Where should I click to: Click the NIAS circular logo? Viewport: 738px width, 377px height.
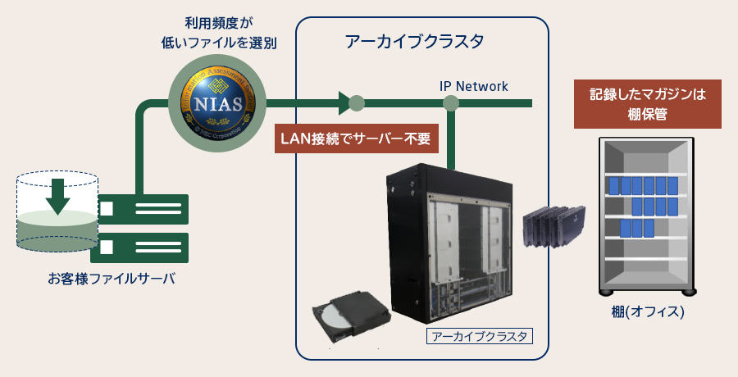[217, 104]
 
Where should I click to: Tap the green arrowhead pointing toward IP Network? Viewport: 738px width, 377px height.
[344, 103]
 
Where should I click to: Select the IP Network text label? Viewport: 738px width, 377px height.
[474, 86]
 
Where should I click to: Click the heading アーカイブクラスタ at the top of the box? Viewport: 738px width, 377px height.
[415, 41]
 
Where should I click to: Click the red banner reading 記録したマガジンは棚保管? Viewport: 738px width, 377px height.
[647, 104]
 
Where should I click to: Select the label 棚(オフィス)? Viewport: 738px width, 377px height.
[647, 312]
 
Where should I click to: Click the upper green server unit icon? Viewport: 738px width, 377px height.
[144, 209]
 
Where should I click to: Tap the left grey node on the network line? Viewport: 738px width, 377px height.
[357, 103]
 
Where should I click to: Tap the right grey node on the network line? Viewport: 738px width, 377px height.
[450, 103]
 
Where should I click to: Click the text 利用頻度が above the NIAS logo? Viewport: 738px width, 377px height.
[217, 22]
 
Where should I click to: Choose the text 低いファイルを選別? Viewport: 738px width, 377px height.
[217, 42]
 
